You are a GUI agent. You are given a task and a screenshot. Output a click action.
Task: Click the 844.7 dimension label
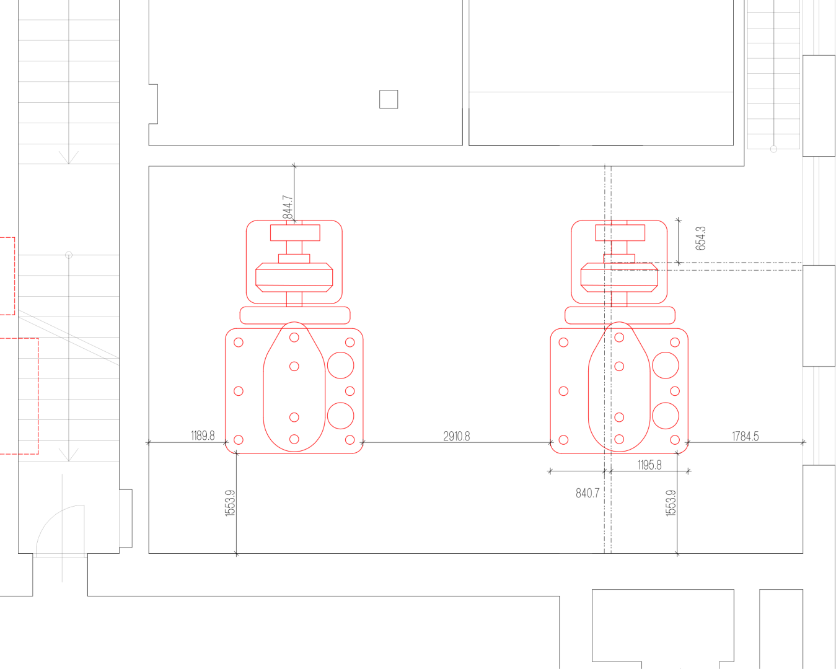288,208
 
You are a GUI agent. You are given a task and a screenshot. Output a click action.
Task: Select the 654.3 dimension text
700,238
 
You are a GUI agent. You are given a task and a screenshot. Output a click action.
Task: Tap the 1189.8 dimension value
203,435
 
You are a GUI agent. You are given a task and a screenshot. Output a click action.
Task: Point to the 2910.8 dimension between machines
457,437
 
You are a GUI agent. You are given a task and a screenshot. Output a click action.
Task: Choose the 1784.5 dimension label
745,437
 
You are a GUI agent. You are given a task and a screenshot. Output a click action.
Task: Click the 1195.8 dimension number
649,465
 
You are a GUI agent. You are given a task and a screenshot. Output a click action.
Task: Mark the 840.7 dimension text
587,493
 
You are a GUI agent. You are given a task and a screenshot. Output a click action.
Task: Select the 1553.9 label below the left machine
231,503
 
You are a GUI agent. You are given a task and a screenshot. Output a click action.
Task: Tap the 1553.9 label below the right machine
671,503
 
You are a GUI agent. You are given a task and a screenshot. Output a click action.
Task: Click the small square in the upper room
389,99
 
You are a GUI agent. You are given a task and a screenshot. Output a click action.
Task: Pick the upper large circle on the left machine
340,365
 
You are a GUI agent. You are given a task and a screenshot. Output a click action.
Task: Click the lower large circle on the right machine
666,416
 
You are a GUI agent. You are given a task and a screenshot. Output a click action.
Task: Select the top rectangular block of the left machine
295,232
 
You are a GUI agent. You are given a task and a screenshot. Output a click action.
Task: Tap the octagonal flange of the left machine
294,278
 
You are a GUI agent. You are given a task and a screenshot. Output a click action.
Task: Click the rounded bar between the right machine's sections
620,315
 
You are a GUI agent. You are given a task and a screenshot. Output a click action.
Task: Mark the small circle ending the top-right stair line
773,149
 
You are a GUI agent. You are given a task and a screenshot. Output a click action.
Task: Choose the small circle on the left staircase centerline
69,255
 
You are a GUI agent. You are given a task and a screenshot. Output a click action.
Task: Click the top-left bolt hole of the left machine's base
239,343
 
